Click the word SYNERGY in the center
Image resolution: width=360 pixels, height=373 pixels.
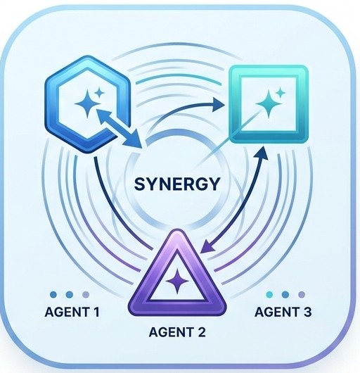coord(176,184)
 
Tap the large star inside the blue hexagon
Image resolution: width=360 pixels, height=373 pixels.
coord(87,103)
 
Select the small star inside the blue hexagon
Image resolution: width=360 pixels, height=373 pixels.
coord(99,93)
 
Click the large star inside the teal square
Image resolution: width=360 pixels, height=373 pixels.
coord(269,104)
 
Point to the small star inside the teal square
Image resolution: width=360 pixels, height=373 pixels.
coord(281,92)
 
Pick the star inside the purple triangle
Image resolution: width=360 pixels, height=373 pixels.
coord(177,282)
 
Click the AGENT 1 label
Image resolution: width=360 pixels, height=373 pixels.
coord(72,312)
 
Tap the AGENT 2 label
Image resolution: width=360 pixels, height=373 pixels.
coord(177,332)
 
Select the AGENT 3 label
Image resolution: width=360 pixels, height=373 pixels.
coord(283,312)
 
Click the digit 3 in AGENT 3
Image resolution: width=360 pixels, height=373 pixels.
coord(307,312)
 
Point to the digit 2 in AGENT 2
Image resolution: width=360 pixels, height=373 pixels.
coord(202,332)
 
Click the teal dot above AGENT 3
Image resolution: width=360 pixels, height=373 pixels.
coord(270,295)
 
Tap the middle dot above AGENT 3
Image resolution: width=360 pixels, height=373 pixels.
coord(285,295)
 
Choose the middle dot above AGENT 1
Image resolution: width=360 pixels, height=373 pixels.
coord(70,295)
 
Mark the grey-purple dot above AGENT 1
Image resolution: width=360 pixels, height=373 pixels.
coord(86,295)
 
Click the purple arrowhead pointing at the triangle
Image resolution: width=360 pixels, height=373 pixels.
coord(207,246)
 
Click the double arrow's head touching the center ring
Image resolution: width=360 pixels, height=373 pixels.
coord(134,139)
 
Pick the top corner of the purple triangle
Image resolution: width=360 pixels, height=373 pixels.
coord(176,230)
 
